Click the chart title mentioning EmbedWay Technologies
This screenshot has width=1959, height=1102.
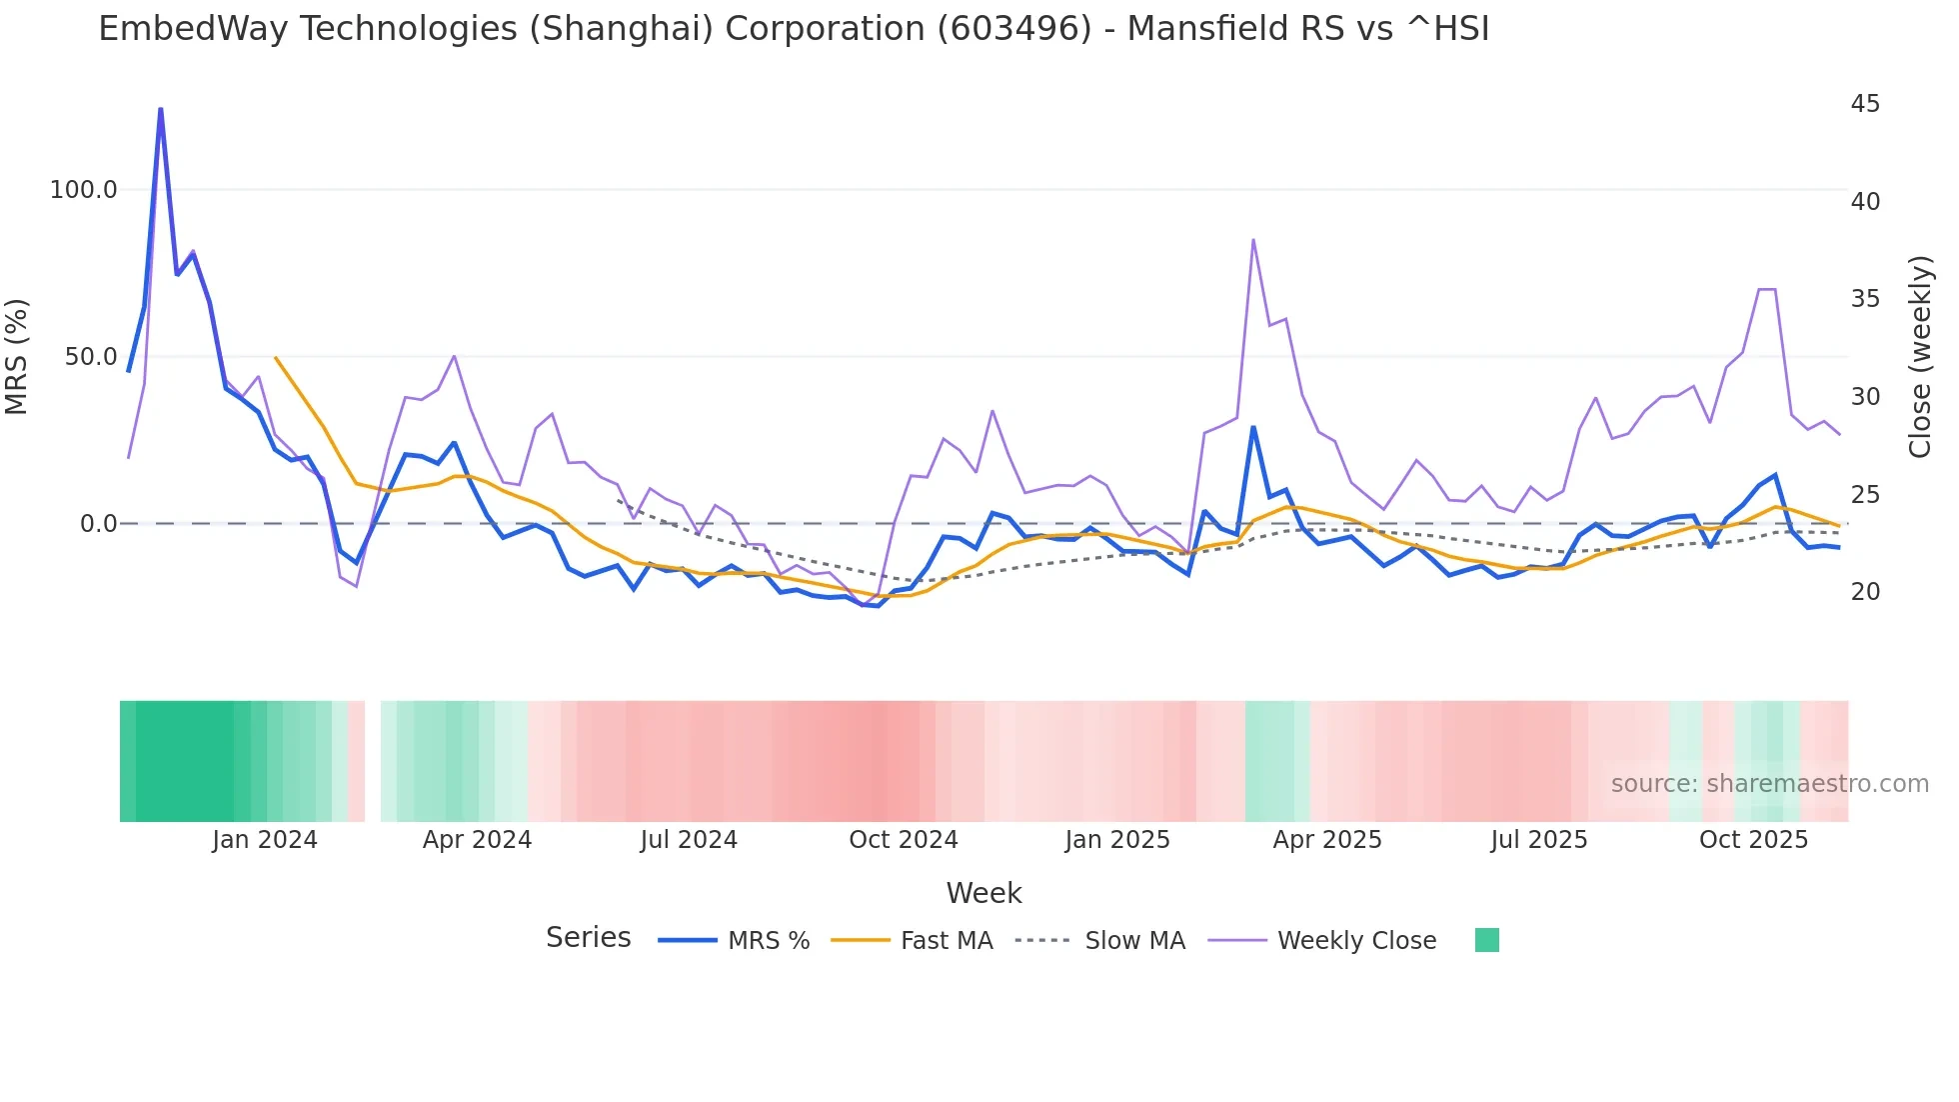click(x=794, y=29)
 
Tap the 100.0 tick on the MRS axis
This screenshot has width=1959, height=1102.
click(x=84, y=190)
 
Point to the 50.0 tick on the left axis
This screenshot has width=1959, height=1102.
click(x=91, y=357)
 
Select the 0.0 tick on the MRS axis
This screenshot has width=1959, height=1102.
click(x=98, y=524)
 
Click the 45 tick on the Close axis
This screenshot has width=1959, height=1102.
click(x=1865, y=104)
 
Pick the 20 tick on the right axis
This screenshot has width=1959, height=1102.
click(x=1865, y=592)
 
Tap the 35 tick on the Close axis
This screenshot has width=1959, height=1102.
click(x=1865, y=299)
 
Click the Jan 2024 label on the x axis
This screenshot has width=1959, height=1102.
click(x=265, y=840)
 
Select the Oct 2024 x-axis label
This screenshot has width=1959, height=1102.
click(x=904, y=840)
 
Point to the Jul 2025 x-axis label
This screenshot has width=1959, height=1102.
click(x=1539, y=840)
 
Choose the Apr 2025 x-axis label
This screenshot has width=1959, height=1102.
click(x=1327, y=840)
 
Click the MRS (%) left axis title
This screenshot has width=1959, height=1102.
click(x=17, y=356)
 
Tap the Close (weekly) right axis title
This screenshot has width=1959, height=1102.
click(x=1920, y=357)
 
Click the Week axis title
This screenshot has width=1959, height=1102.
click(x=983, y=893)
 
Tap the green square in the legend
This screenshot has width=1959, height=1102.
click(x=1487, y=940)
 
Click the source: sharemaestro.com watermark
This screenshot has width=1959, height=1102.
click(x=1770, y=784)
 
